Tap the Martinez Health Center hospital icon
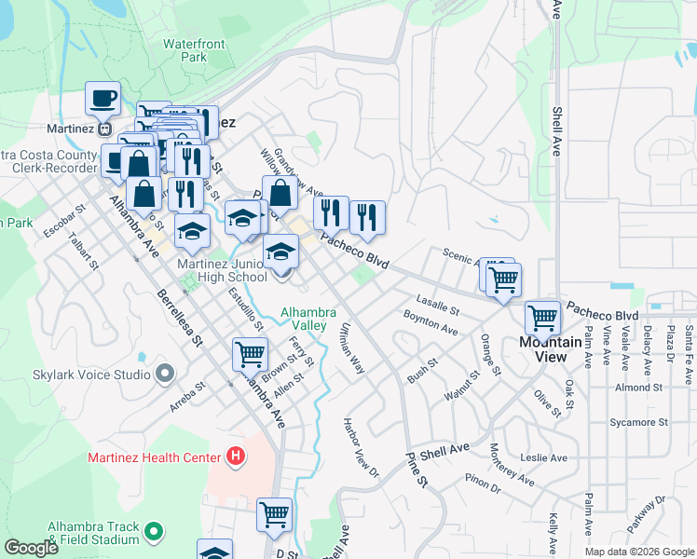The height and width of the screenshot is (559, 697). [236, 457]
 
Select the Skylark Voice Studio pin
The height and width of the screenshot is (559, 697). [165, 375]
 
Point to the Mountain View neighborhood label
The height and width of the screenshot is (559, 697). [550, 348]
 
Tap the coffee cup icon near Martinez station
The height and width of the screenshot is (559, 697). [102, 97]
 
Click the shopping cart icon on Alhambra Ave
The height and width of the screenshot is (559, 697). [249, 354]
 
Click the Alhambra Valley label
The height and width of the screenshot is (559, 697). [304, 319]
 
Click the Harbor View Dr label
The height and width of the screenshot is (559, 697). [362, 454]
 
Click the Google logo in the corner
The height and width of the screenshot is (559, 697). [32, 549]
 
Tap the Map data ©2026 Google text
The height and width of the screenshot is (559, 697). [639, 552]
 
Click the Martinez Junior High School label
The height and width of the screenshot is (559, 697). [223, 270]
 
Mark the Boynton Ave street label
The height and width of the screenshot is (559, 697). [430, 323]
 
